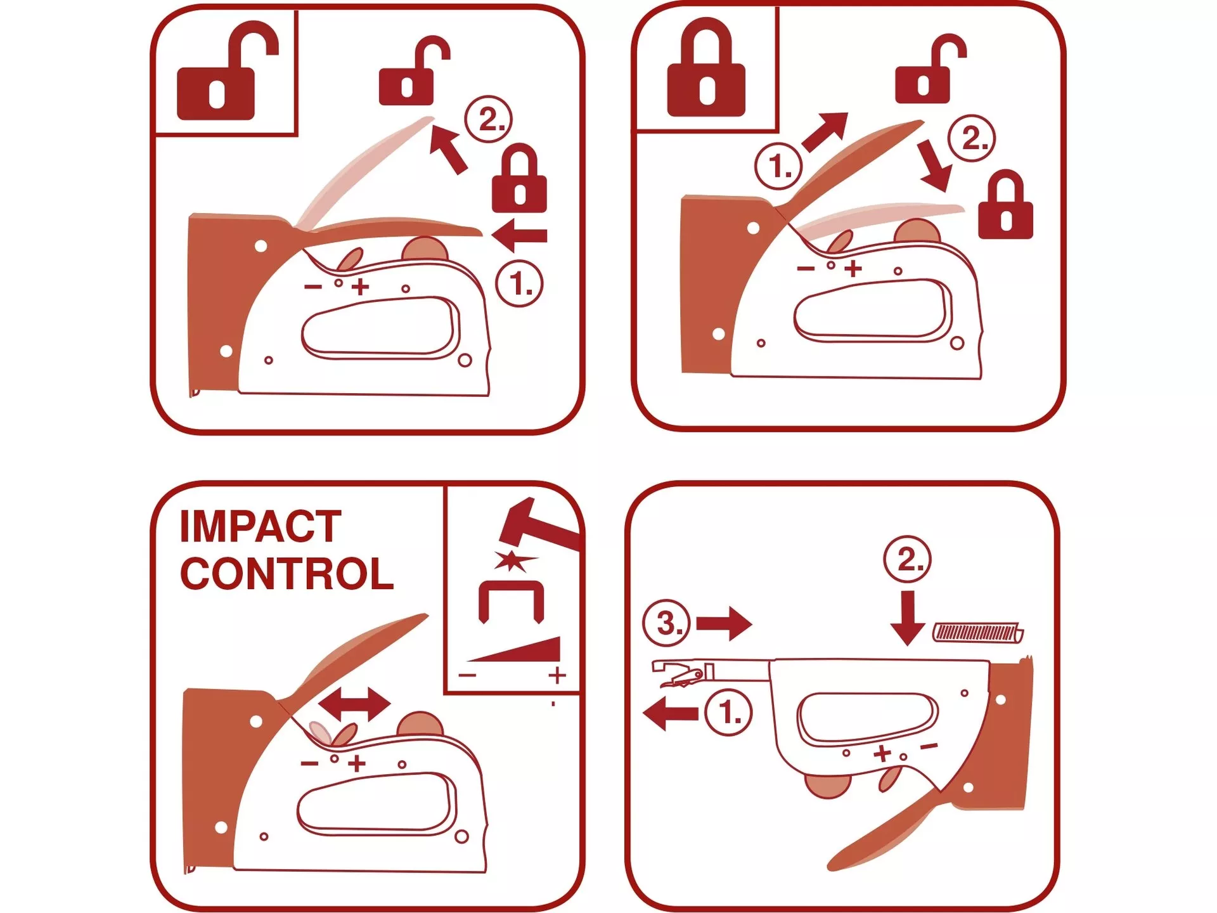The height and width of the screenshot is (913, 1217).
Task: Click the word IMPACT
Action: click(261, 526)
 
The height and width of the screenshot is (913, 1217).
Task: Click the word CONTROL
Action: click(287, 574)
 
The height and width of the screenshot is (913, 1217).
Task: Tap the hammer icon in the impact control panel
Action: click(539, 525)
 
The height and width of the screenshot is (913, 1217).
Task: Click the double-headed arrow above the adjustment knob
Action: click(354, 704)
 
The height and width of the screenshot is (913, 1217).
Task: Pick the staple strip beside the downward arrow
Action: click(978, 633)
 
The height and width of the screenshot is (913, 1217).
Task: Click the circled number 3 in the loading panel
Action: click(666, 623)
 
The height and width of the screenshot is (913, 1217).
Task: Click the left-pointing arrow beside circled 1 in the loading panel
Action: click(671, 713)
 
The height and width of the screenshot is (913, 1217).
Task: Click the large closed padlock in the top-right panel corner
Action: click(706, 67)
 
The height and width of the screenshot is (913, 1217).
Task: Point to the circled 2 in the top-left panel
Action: click(488, 119)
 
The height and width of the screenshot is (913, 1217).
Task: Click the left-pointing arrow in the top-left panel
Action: click(519, 236)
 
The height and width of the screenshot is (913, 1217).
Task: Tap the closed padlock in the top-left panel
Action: click(519, 178)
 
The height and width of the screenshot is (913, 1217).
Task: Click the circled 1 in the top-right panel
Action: click(778, 166)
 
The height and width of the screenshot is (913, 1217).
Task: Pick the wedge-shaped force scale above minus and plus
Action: click(515, 649)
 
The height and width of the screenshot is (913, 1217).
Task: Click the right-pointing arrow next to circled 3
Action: click(724, 623)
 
